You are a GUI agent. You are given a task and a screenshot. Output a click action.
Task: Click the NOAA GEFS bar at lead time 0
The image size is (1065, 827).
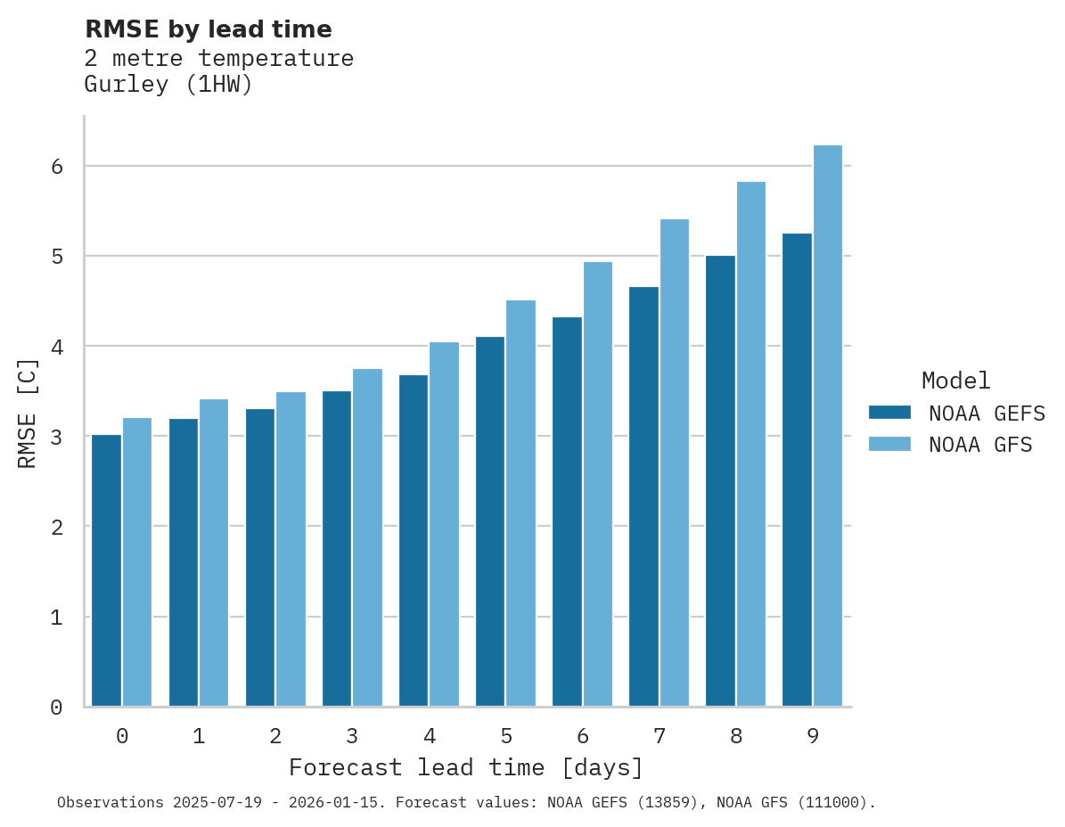pyautogui.click(x=106, y=570)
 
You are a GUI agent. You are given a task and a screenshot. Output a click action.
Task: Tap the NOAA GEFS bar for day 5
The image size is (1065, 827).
pyautogui.click(x=490, y=521)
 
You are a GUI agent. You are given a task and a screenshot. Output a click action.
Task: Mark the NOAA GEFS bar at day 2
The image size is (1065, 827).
pyautogui.click(x=260, y=557)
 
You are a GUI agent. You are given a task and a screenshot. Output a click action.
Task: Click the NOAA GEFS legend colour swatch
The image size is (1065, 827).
pyautogui.click(x=889, y=413)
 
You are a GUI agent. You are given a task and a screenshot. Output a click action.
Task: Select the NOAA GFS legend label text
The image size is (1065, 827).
pyautogui.click(x=980, y=445)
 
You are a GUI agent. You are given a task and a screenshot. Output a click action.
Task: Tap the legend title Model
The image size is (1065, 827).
pyautogui.click(x=955, y=381)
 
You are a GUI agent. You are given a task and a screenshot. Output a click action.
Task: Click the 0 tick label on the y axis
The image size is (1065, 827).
pyautogui.click(x=55, y=708)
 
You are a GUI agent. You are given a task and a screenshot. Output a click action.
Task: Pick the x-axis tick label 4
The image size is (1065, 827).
pyautogui.click(x=429, y=737)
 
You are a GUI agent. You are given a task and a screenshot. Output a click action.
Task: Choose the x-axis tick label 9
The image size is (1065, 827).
pyautogui.click(x=813, y=737)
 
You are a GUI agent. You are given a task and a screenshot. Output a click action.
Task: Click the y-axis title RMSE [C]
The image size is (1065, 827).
pyautogui.click(x=29, y=413)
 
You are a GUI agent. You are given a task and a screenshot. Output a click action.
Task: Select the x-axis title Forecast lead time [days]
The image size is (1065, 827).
pyautogui.click(x=465, y=767)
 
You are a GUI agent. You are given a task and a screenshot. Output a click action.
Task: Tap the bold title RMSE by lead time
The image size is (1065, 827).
pyautogui.click(x=208, y=29)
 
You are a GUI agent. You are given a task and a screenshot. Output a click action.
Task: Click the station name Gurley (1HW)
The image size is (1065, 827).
pyautogui.click(x=168, y=86)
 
